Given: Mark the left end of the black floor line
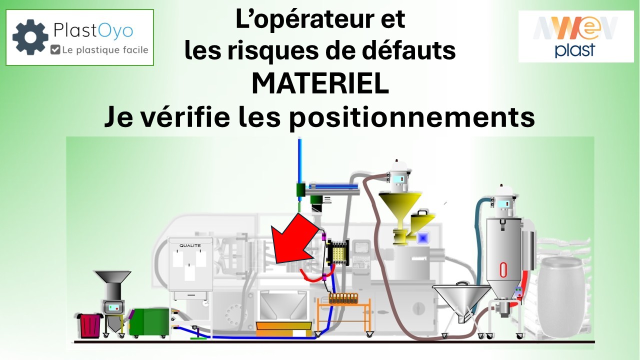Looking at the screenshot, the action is pos(74,342).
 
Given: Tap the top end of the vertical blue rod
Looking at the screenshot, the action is pos(299,138).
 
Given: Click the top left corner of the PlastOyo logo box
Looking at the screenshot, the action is pos(6,9).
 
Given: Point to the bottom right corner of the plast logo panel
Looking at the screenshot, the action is pos(633,62).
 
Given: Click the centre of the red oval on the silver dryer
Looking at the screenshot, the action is pos(503,269).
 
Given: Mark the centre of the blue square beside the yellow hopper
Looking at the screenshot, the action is pos(423,237).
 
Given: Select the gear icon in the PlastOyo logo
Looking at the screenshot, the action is pos(30,37).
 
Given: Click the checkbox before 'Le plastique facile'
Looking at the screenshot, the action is pos(55,49).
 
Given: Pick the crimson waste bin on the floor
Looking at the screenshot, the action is pos(90,325).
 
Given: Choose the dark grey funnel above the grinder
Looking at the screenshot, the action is pos(113,277).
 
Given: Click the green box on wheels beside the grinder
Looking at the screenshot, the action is pos(149,322).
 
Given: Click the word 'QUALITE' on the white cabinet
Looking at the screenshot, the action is pos(190,245).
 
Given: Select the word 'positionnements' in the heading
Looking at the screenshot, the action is pos(412,117).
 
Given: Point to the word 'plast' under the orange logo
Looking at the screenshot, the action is pos(575,50).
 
